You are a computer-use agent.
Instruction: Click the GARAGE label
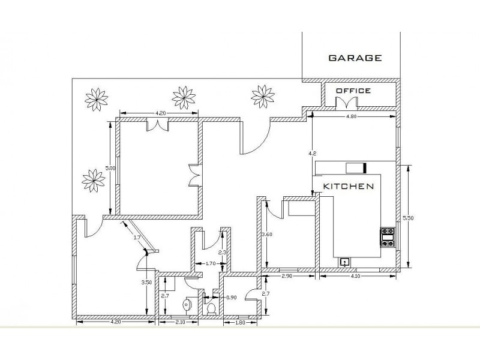pos(355,58)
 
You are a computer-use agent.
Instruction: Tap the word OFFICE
pos(353,91)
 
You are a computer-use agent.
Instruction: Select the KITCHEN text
pos(349,186)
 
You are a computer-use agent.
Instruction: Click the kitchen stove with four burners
pos(387,236)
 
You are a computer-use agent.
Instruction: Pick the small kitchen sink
pos(345,262)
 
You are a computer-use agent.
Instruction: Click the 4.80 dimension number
pos(353,116)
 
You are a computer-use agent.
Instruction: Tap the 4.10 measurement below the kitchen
pos(356,276)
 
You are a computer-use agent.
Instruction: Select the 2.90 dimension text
pos(288,276)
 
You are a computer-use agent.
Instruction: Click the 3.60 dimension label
pos(267,234)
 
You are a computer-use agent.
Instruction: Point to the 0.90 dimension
pos(231,296)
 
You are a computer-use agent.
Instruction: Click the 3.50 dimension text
pos(145,282)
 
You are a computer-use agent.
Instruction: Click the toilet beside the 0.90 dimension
pos(211,308)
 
